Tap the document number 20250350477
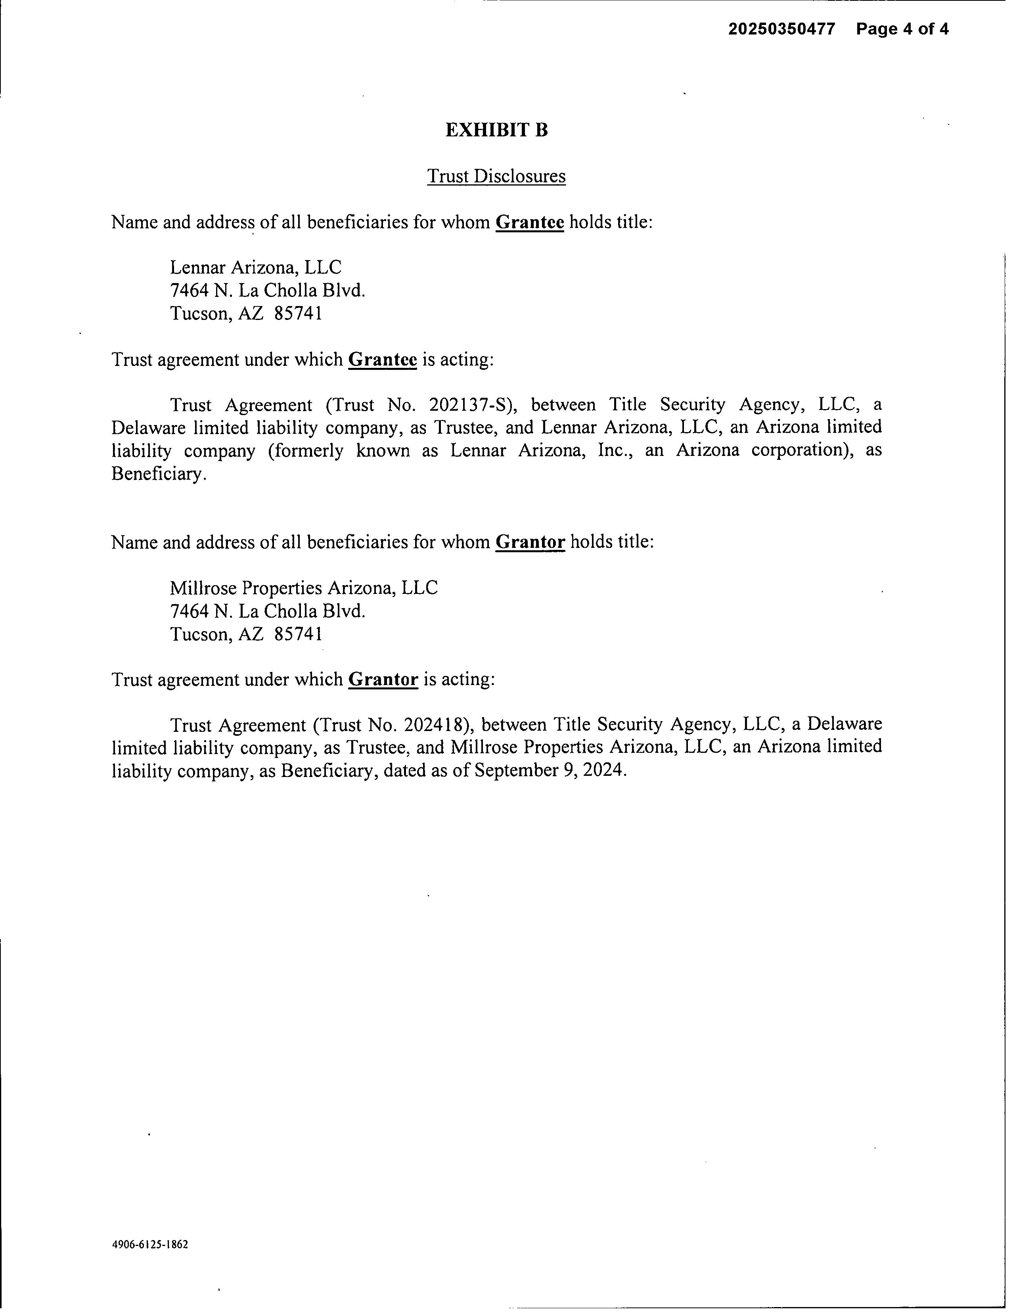[x=781, y=29]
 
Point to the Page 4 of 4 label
[x=902, y=29]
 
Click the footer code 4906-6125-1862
[x=150, y=1244]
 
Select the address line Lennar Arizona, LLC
[x=256, y=268]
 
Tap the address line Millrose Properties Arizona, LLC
[x=304, y=588]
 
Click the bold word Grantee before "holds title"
[x=529, y=222]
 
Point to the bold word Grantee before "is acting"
[x=383, y=360]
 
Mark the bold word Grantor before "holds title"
[x=530, y=542]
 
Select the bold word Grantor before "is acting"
[x=383, y=679]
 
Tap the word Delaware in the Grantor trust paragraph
[x=844, y=724]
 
